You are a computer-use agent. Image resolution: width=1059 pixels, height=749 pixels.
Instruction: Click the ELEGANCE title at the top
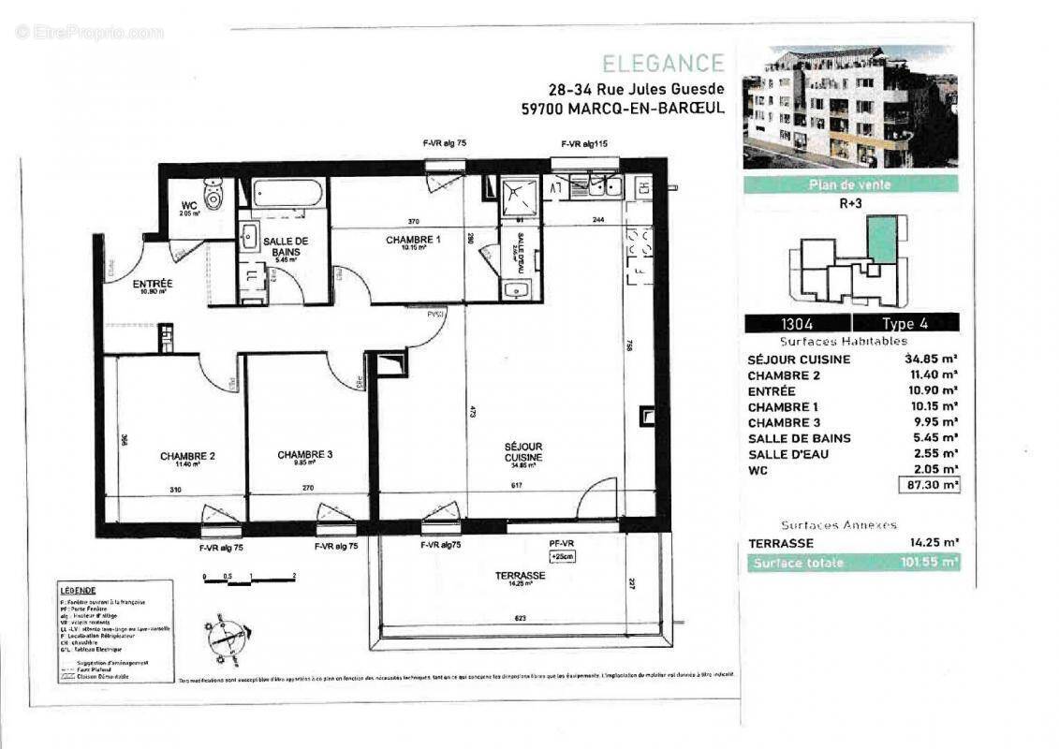(x=662, y=64)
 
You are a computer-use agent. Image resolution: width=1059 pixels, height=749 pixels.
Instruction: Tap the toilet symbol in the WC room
(x=215, y=195)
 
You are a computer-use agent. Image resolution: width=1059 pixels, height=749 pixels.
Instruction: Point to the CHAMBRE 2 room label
(x=187, y=457)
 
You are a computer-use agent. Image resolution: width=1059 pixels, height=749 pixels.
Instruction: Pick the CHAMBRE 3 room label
(x=305, y=456)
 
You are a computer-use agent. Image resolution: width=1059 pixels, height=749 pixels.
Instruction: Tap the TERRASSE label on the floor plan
(x=522, y=575)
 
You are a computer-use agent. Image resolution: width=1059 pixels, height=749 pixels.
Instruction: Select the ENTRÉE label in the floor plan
(x=152, y=283)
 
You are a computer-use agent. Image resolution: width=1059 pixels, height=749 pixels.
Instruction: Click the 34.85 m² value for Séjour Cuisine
(x=931, y=359)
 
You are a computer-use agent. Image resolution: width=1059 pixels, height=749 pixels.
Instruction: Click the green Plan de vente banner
(x=849, y=184)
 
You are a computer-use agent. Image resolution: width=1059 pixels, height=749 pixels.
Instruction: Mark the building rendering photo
(x=849, y=106)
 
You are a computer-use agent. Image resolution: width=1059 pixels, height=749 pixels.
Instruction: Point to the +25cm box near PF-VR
(x=561, y=556)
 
